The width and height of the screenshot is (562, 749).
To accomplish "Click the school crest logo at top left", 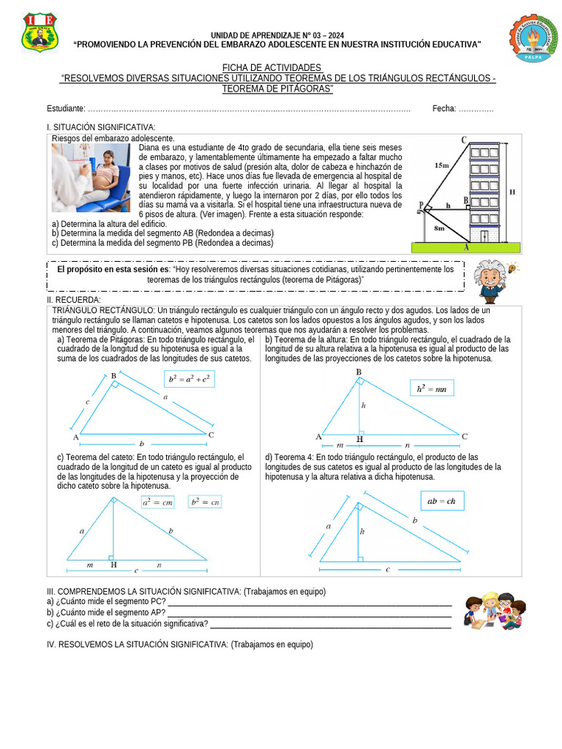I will point(38,32).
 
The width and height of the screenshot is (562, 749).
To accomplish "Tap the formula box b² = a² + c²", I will point(189,379).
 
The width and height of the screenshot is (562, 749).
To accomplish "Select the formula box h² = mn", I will point(431,389).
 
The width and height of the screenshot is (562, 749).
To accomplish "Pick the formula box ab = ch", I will point(441,501).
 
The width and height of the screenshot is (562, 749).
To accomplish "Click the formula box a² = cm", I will point(157,502).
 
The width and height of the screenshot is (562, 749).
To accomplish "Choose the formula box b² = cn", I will point(204,502).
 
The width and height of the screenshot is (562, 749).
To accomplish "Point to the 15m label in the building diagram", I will point(441,165).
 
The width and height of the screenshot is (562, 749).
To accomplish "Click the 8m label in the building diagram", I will point(439,228).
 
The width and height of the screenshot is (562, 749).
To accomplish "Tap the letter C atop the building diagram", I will point(464,139).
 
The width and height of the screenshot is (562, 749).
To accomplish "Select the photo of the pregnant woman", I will point(90,178).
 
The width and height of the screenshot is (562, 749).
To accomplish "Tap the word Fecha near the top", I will point(443,108).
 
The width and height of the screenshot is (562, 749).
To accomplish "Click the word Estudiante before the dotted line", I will point(65,108).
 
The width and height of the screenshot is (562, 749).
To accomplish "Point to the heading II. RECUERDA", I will point(73,300).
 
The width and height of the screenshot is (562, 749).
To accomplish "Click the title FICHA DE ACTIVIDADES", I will point(271,67).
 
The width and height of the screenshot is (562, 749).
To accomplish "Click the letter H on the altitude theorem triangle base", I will point(359,439).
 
